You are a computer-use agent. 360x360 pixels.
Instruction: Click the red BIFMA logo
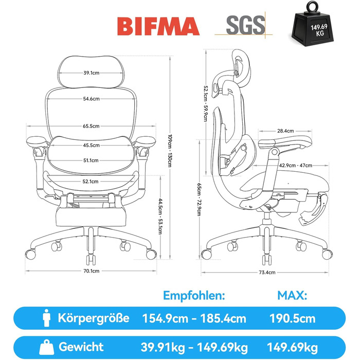pyautogui.click(x=158, y=26)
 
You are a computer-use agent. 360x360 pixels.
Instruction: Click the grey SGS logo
pyautogui.click(x=245, y=25)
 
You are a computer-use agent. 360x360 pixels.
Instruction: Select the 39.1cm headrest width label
pyautogui.click(x=92, y=73)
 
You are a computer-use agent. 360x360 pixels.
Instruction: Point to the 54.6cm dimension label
pyautogui.click(x=92, y=99)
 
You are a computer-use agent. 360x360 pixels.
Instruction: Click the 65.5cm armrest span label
pyautogui.click(x=91, y=126)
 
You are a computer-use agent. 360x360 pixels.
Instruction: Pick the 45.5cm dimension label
pyautogui.click(x=92, y=146)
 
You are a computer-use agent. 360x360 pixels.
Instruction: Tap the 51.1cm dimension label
pyautogui.click(x=91, y=160)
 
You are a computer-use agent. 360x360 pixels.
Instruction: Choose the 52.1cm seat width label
pyautogui.click(x=91, y=182)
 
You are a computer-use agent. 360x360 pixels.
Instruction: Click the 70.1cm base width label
pyautogui.click(x=92, y=271)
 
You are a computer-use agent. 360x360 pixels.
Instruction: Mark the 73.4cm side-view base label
pyautogui.click(x=267, y=273)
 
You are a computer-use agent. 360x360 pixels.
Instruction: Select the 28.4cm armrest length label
pyautogui.click(x=285, y=131)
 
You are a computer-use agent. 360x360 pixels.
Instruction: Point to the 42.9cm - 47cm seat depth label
pyautogui.click(x=296, y=165)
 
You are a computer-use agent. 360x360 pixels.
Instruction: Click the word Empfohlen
pyautogui.click(x=194, y=296)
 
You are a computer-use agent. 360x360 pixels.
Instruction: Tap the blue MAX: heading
pyautogui.click(x=292, y=296)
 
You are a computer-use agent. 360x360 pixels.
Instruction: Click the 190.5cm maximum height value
pyautogui.click(x=292, y=319)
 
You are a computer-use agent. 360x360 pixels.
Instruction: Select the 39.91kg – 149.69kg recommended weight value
pyautogui.click(x=194, y=347)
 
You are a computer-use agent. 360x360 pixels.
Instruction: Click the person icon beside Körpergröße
pyautogui.click(x=47, y=318)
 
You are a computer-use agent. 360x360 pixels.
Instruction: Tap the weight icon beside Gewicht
pyautogui.click(x=47, y=347)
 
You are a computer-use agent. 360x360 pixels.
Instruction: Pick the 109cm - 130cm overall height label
pyautogui.click(x=170, y=151)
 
